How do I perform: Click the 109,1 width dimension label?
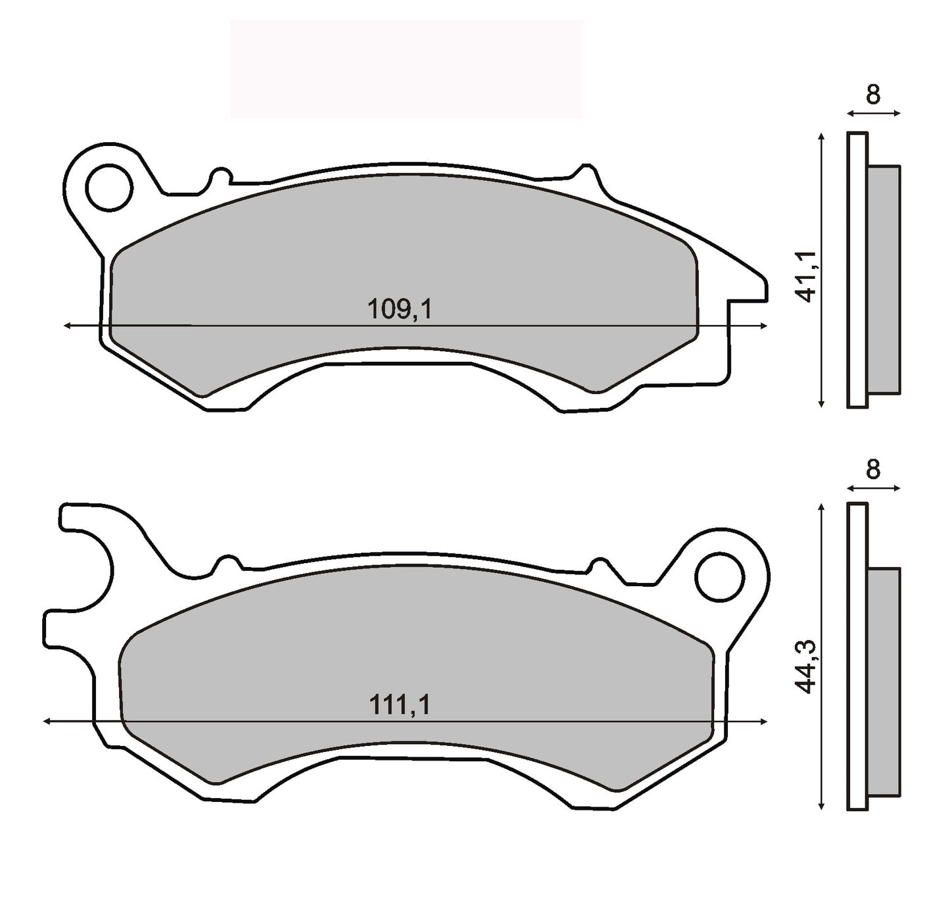tap(399, 309)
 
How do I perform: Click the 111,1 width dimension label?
tap(399, 705)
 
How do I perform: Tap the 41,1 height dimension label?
tap(806, 276)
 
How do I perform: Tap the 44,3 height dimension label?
tap(806, 667)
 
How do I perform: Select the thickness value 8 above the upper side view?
tap(872, 95)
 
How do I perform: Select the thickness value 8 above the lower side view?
tap(872, 470)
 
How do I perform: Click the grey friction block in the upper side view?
tap(884, 280)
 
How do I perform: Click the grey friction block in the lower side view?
tap(884, 681)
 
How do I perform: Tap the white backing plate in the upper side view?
tap(857, 270)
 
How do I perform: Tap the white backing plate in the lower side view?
tap(857, 658)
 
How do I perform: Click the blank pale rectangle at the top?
tap(406, 69)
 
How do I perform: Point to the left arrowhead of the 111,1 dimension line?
tap(47, 722)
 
